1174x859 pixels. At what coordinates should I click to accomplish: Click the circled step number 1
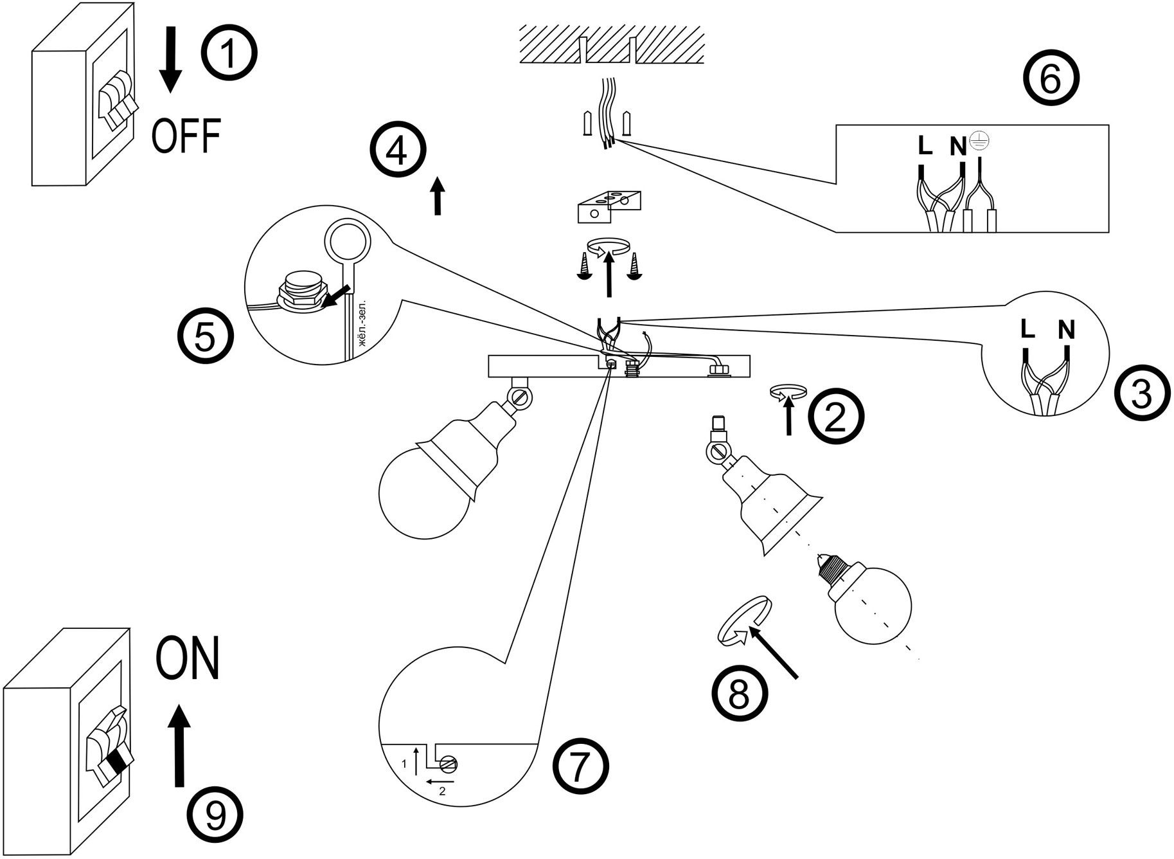coord(229,54)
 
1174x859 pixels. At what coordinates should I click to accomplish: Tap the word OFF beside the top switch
coord(186,135)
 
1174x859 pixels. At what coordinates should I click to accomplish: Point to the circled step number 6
coord(1051,80)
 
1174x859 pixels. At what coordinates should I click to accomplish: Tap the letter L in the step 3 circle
coord(1027,330)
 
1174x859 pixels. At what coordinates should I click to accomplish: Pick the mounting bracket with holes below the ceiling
coord(609,206)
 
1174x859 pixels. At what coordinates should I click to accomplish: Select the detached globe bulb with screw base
coord(871,601)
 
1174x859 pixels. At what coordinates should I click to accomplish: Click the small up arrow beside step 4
coord(438,195)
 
